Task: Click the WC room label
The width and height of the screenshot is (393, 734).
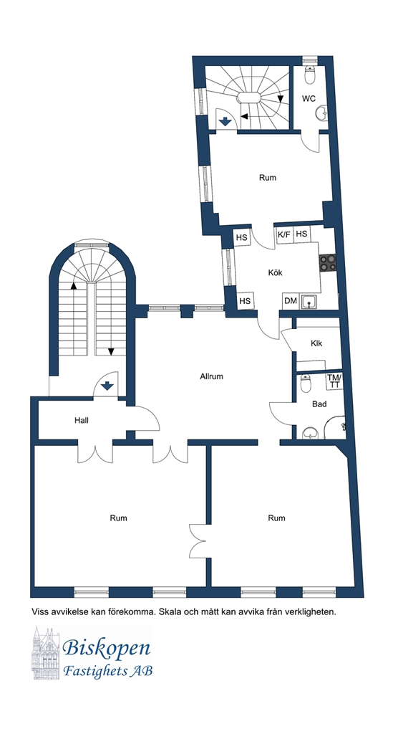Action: (309, 99)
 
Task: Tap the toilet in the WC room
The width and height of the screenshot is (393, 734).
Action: (309, 74)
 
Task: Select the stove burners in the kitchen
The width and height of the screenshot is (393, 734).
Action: (328, 262)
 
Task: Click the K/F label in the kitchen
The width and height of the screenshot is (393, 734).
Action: (283, 234)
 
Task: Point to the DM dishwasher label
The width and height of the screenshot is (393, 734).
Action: (290, 300)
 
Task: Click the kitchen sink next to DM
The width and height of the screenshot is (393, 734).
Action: (309, 302)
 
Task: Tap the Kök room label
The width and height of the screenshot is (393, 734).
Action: (275, 272)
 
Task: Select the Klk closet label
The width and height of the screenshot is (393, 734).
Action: (316, 343)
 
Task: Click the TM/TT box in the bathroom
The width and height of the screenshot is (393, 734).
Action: (334, 381)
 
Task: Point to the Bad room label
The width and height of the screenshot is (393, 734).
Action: (320, 404)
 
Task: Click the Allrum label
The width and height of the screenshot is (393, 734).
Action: (211, 376)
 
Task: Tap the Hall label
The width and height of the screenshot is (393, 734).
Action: (82, 420)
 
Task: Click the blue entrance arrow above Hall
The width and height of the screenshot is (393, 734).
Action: (107, 386)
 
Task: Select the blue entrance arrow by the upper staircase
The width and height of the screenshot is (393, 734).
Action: (225, 122)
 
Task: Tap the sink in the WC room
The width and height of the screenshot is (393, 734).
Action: (320, 113)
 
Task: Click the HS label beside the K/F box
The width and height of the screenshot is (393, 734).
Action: (301, 234)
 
